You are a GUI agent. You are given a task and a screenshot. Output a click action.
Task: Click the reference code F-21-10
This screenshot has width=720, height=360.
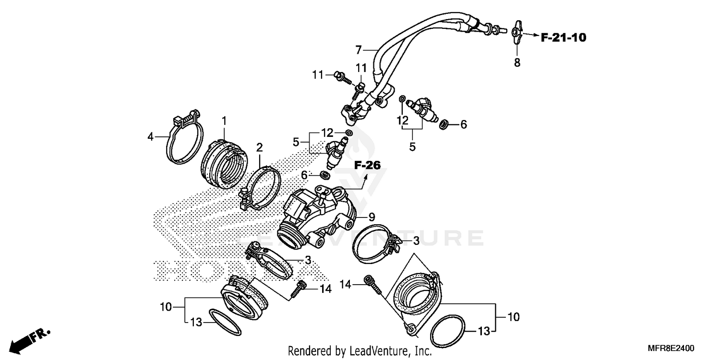[563, 37]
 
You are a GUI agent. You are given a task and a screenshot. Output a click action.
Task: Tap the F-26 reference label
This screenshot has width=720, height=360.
[367, 166]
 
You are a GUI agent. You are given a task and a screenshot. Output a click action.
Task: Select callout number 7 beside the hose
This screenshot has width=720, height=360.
[358, 49]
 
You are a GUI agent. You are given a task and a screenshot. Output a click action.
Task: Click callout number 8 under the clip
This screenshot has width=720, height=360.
[517, 62]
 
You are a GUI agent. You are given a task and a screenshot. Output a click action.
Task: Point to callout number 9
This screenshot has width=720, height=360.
[372, 217]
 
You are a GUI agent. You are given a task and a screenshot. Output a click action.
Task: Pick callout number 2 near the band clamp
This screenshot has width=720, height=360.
[259, 146]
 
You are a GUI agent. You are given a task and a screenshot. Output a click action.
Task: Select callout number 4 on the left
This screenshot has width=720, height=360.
[151, 137]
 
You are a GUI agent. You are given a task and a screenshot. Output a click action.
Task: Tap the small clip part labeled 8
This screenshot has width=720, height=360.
[517, 32]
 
